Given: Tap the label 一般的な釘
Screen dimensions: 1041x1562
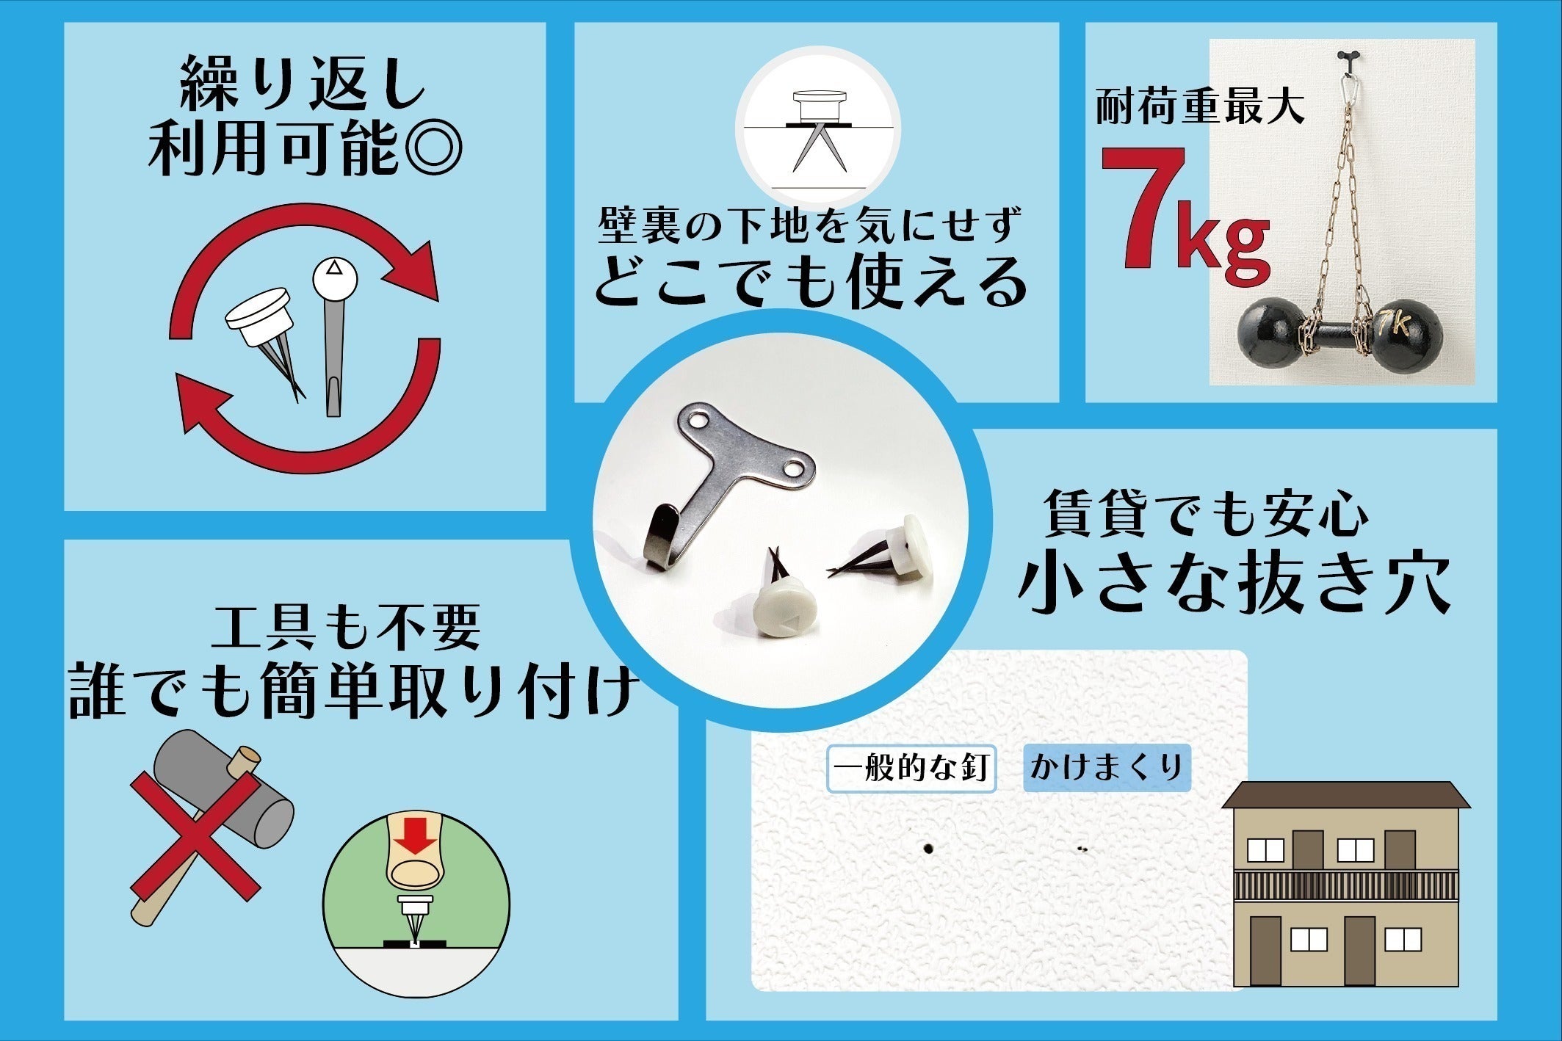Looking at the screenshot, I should point(911,769).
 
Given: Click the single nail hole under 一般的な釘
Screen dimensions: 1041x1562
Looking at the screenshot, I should point(928,849).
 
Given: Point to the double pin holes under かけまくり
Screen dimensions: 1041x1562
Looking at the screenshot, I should point(1082,849).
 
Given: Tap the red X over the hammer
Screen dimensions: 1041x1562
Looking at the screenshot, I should point(195,836).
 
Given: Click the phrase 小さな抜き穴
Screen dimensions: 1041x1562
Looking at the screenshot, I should point(1234,584).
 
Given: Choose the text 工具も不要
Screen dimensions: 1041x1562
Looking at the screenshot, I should point(346,628).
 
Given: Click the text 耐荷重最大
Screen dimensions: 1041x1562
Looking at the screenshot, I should point(1199,107).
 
